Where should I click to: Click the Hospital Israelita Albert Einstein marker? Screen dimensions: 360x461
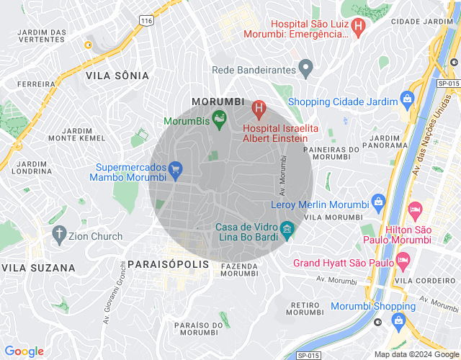click(x=259, y=110)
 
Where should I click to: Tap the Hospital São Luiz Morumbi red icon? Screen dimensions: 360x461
click(x=358, y=24)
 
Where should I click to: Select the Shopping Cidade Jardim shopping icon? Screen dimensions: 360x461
click(x=408, y=99)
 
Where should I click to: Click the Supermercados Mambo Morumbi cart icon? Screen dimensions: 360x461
click(x=176, y=170)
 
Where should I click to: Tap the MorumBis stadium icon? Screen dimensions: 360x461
click(x=220, y=120)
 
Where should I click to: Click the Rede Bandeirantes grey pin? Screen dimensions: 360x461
click(x=305, y=70)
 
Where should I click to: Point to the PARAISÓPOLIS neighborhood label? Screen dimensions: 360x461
click(x=168, y=264)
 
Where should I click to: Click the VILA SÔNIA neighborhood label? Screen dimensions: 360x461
click(x=117, y=76)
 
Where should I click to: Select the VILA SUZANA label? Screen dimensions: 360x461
click(x=38, y=268)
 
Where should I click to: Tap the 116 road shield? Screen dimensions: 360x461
click(x=147, y=22)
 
